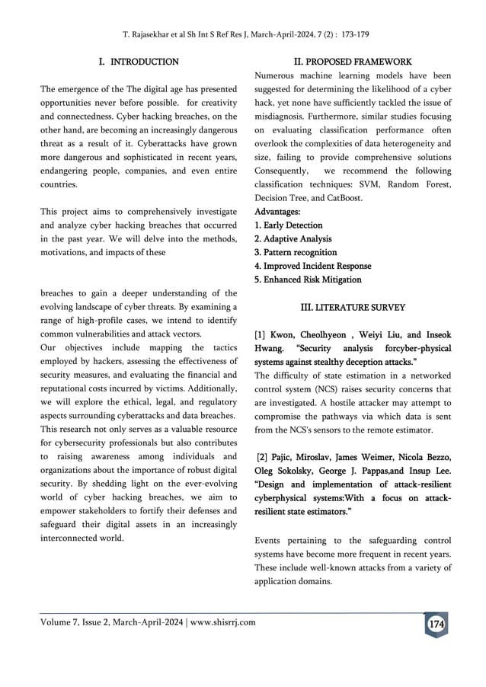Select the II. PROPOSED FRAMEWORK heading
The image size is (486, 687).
pyautogui.click(x=352, y=61)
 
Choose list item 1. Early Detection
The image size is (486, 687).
pyautogui.click(x=288, y=225)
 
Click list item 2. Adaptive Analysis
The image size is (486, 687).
pyautogui.click(x=293, y=239)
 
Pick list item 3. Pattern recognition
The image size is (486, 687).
pyautogui.click(x=296, y=253)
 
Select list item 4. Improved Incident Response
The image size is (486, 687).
pyautogui.click(x=312, y=267)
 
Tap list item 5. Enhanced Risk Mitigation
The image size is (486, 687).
pyautogui.click(x=308, y=280)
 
